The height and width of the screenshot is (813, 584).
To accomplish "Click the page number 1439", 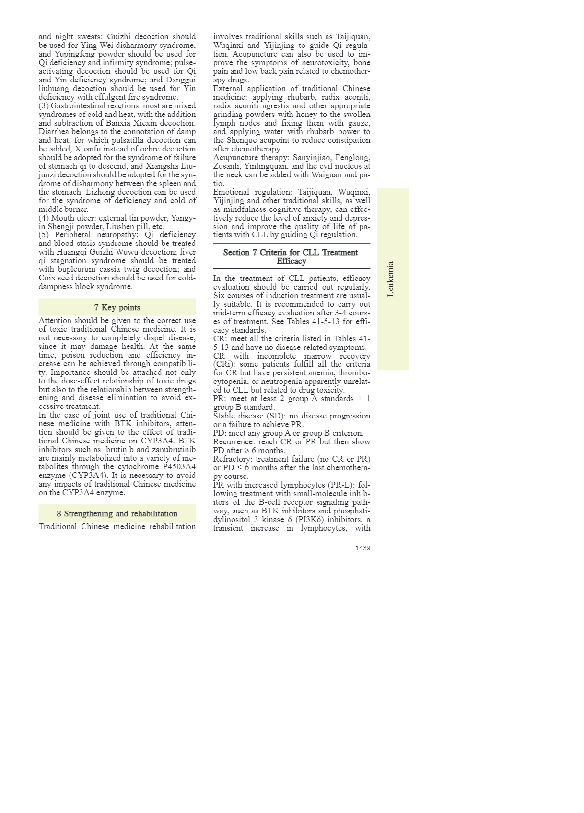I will pyautogui.click(x=362, y=548).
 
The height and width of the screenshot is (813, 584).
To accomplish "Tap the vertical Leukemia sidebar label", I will pyautogui.click(x=391, y=279).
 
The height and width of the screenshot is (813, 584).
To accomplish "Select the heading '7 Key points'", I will pyautogui.click(x=117, y=308).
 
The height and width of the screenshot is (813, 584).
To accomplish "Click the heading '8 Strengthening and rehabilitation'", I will pyautogui.click(x=117, y=514).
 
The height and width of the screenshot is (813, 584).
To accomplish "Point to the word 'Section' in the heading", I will pyautogui.click(x=236, y=253).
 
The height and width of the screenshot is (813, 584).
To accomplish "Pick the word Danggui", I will pyautogui.click(x=181, y=80).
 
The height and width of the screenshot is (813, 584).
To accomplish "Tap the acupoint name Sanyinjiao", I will pyautogui.click(x=312, y=158).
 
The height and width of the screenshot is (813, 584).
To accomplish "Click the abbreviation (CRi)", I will pyautogui.click(x=223, y=364).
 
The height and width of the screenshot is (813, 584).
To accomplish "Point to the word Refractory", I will pyautogui.click(x=231, y=459).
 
